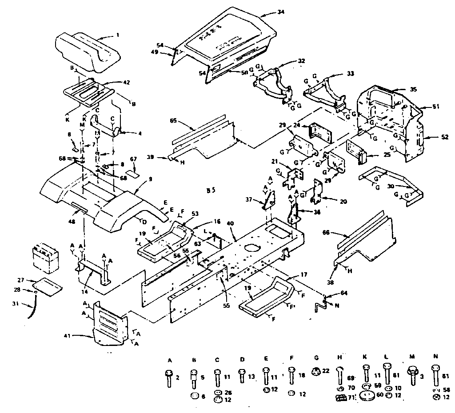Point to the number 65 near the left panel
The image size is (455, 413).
173,120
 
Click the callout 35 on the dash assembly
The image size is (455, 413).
414,89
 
